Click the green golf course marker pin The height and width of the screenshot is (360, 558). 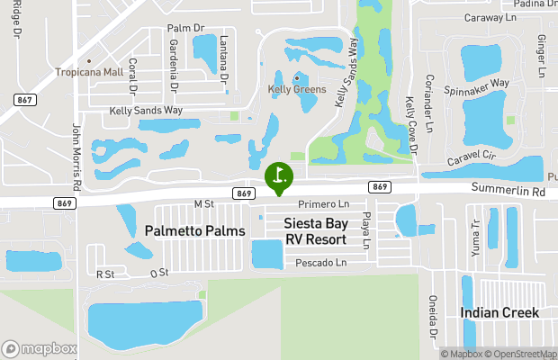(x=279, y=175)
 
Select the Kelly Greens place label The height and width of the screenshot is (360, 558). (x=297, y=89)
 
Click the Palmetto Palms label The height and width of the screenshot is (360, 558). (x=194, y=231)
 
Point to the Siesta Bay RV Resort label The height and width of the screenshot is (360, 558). (x=315, y=231)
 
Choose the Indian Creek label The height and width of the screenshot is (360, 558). (x=499, y=313)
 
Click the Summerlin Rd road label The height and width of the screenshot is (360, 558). (x=514, y=192)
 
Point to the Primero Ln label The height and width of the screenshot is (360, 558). (x=322, y=205)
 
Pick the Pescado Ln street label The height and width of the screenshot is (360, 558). (x=320, y=263)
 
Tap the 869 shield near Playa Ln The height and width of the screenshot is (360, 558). (x=379, y=186)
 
